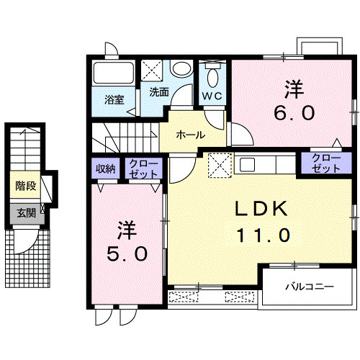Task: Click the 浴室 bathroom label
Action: click(x=114, y=99)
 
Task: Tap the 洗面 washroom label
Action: click(x=159, y=92)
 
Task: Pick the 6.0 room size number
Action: click(x=292, y=113)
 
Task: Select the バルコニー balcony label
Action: click(x=309, y=287)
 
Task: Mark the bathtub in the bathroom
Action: click(x=114, y=74)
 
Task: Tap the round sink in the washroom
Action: click(x=181, y=71)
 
